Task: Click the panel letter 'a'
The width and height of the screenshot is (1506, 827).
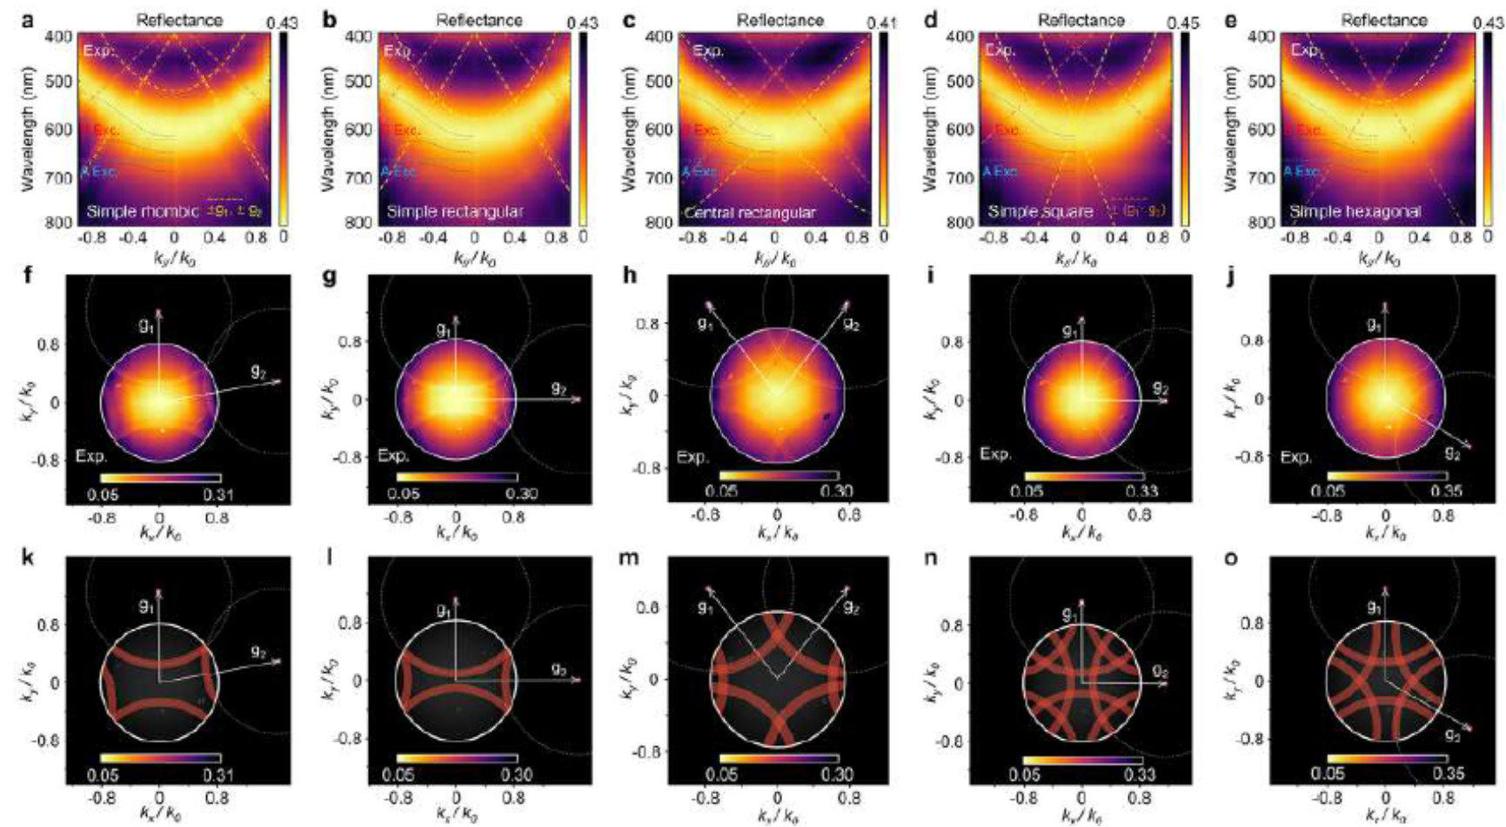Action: tap(29, 19)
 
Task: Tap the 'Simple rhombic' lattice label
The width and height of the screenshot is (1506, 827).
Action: tap(142, 211)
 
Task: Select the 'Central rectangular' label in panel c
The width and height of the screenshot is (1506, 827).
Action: tap(750, 212)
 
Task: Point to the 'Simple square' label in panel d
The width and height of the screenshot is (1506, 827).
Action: tap(1040, 211)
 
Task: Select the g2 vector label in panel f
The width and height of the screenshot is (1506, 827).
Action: tap(258, 371)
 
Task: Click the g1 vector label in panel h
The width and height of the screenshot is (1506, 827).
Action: tap(706, 323)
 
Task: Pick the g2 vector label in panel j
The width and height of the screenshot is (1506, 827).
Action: tap(1451, 452)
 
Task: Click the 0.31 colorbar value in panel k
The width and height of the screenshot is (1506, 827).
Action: tap(218, 776)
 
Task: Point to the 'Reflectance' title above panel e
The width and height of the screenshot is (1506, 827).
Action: tap(1383, 19)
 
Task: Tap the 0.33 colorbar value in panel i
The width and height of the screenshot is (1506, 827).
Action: tap(1141, 492)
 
